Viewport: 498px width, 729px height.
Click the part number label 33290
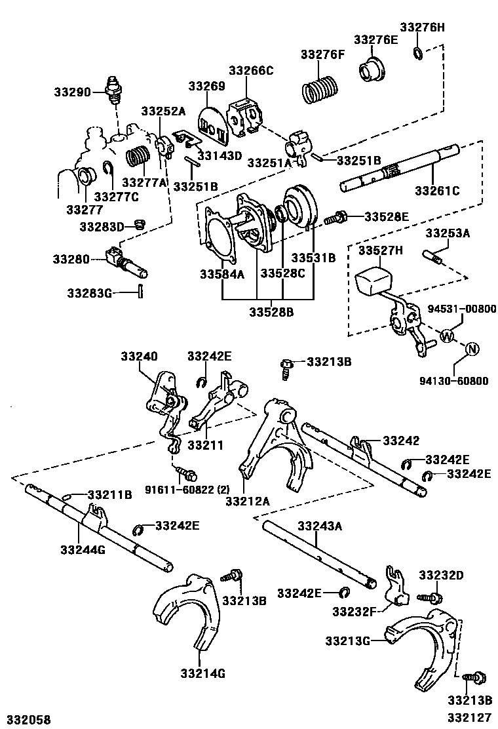tap(73, 92)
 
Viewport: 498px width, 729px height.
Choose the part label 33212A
tap(247, 501)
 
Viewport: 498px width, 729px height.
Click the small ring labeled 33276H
tap(417, 52)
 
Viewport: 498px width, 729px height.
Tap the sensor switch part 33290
tap(113, 92)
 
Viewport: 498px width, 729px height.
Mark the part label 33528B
tap(271, 312)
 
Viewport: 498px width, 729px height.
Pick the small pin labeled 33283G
tap(140, 292)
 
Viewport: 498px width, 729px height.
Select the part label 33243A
tap(320, 526)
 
